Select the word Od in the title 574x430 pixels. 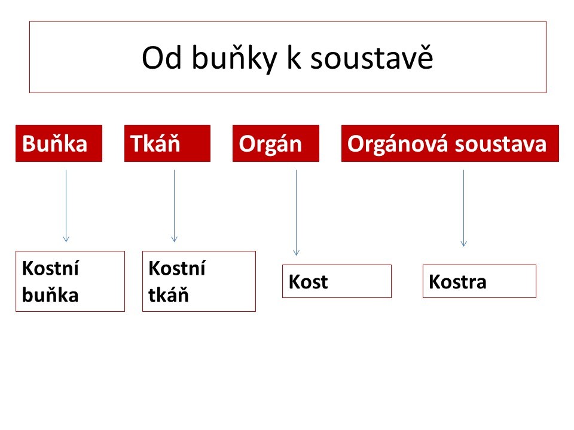pyautogui.click(x=161, y=57)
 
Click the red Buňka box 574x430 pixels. pyautogui.click(x=59, y=143)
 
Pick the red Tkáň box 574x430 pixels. pyautogui.click(x=167, y=143)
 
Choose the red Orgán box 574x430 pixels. pyautogui.click(x=276, y=143)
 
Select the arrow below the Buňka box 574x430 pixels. pyautogui.click(x=66, y=206)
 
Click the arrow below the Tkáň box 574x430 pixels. pyautogui.click(x=174, y=206)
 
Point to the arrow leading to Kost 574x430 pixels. pyautogui.click(x=296, y=213)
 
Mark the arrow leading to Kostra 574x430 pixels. pyautogui.click(x=463, y=208)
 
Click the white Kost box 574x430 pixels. pyautogui.click(x=337, y=281)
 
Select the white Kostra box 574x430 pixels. pyautogui.click(x=479, y=281)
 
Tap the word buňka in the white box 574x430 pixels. pyautogui.click(x=50, y=294)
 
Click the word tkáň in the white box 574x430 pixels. pyautogui.click(x=169, y=294)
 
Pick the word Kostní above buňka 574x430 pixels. pyautogui.click(x=50, y=268)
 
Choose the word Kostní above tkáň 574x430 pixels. pyautogui.click(x=177, y=268)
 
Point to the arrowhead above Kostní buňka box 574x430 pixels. pyautogui.click(x=66, y=239)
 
